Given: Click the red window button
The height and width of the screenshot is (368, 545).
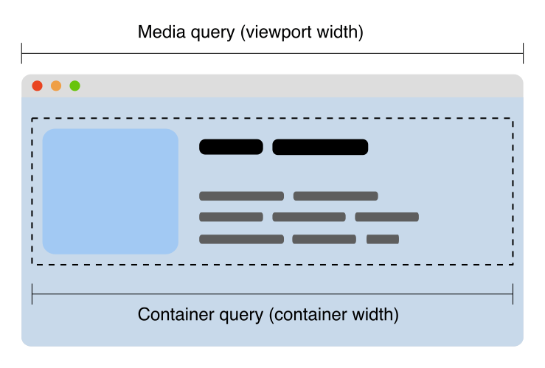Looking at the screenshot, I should coord(37,86).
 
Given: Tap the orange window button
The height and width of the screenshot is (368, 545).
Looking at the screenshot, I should coord(56,86).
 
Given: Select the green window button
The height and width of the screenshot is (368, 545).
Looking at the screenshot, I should coord(74,86).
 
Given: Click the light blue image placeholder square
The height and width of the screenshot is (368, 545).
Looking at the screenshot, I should coord(111,191).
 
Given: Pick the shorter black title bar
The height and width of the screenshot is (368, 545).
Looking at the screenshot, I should coord(231,147).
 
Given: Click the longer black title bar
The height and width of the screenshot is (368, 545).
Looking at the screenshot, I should coord(320,147).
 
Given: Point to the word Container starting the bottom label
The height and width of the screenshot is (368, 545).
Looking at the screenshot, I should coord(170,314).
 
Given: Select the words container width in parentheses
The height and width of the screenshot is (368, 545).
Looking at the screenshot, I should coord(333,314).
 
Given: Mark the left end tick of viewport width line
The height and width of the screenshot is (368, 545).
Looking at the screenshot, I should coord(22,53).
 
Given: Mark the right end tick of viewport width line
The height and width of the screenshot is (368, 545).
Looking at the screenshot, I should coord(523,53).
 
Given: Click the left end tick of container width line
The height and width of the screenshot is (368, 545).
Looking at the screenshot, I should coord(32,294).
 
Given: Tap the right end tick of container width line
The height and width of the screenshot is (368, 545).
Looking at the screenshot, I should coord(513,294).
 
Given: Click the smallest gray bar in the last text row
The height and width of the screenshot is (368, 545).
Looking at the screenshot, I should coord(383,239).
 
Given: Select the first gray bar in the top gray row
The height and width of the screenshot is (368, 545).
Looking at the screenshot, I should coord(241,196).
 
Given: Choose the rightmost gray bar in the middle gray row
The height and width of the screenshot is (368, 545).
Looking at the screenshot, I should coord(386,217).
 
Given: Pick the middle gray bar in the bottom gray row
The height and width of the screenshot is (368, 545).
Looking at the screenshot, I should coord(324,239).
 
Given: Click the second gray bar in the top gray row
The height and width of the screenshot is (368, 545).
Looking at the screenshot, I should coord(336,196).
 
